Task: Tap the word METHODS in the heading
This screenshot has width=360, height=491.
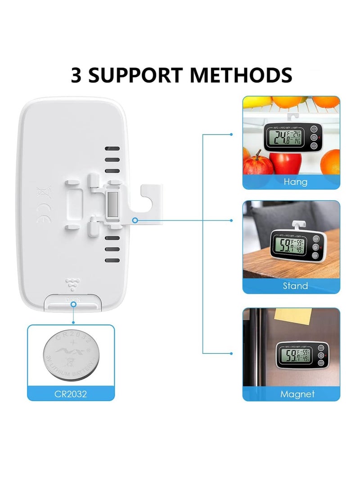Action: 241,75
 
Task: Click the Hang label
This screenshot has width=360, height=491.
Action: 296,182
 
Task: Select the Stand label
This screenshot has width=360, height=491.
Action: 295,286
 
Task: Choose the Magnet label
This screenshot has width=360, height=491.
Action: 297,394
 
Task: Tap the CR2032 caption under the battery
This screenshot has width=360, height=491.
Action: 71,394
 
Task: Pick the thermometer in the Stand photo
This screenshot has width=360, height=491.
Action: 293,247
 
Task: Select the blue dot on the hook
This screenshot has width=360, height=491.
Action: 135,220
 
